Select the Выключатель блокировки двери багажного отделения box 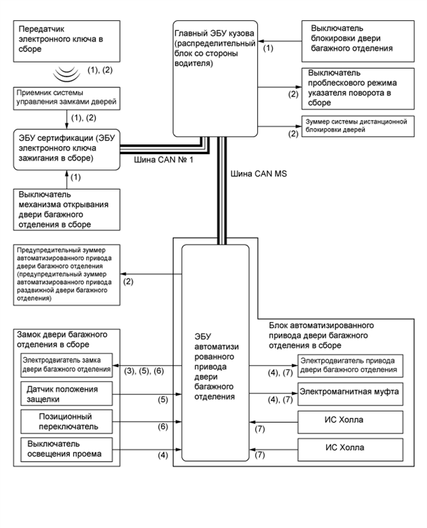(x=356, y=38)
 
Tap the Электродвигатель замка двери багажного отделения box (x=66, y=365)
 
